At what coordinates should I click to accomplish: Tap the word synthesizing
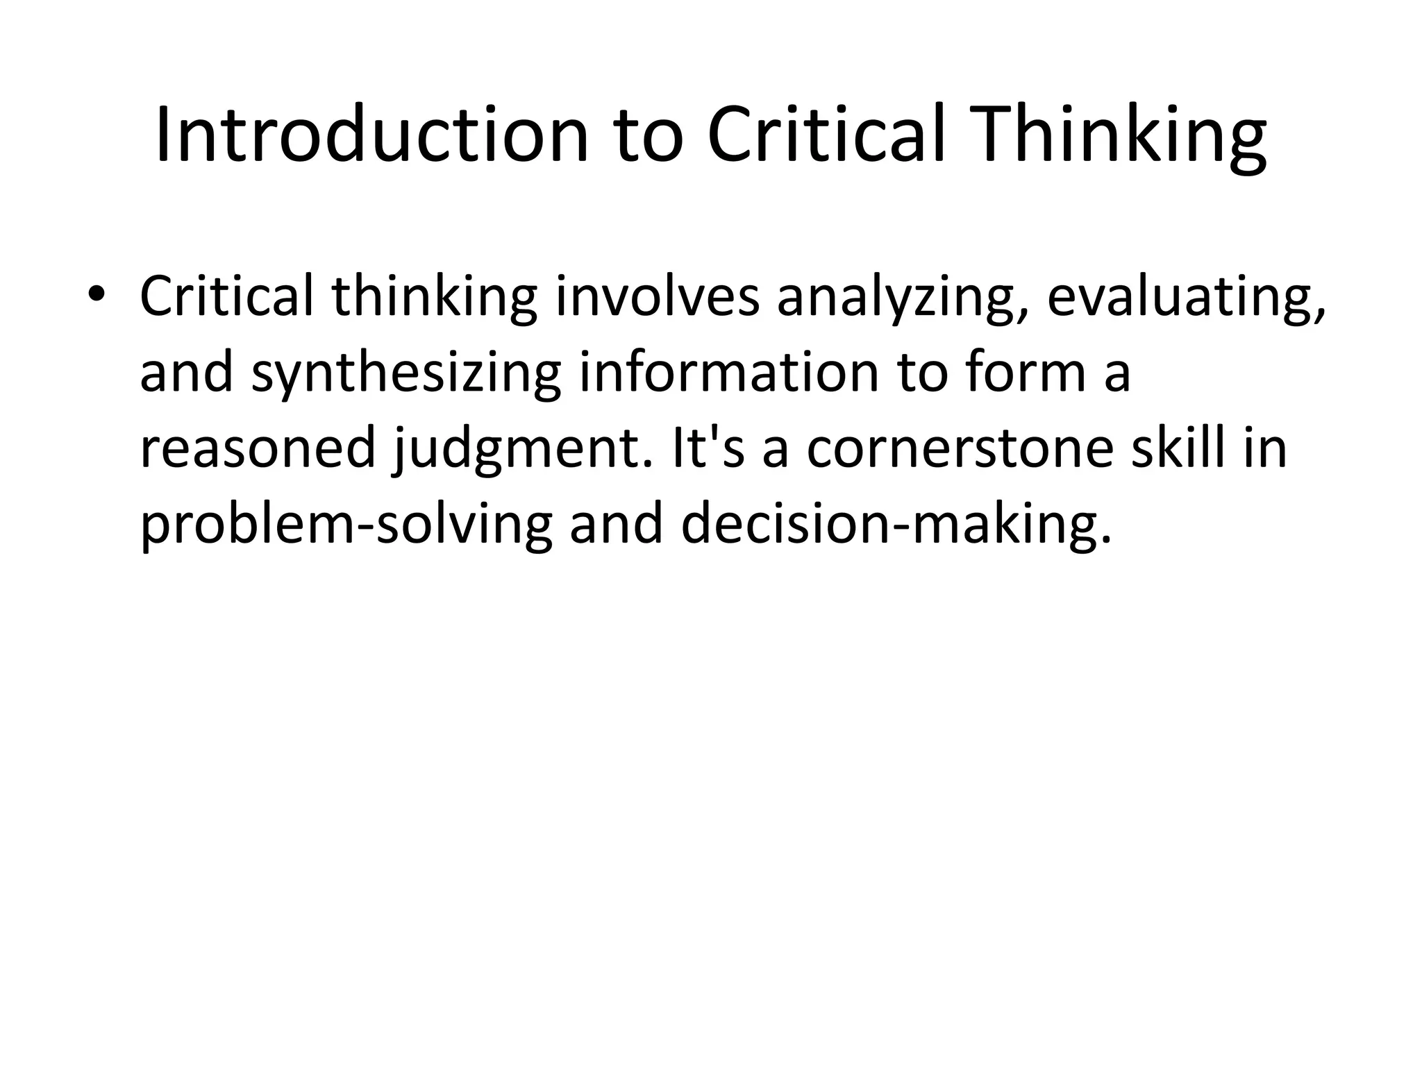click(406, 373)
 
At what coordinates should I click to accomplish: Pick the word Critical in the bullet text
click(226, 296)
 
